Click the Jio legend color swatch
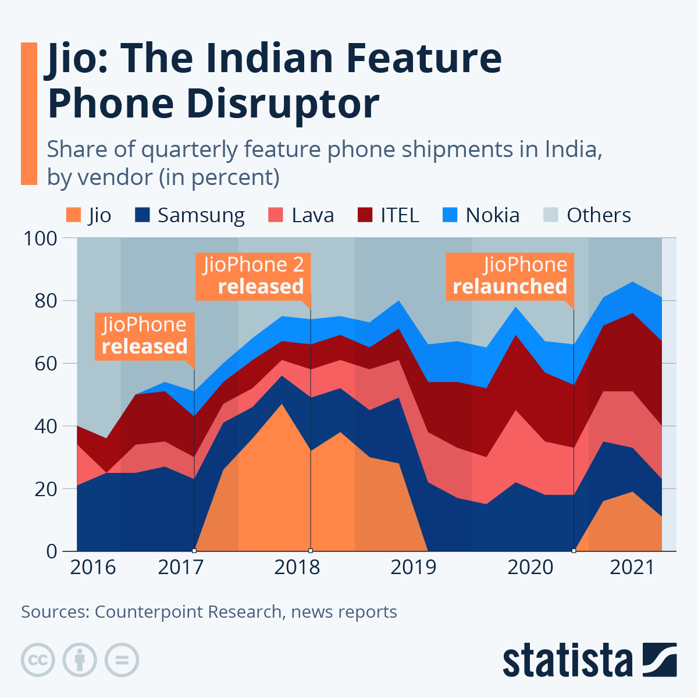pyautogui.click(x=73, y=215)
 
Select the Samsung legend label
pyautogui.click(x=201, y=215)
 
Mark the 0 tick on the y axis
pyautogui.click(x=52, y=551)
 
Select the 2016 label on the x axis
pyautogui.click(x=92, y=567)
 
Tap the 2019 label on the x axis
pyautogui.click(x=413, y=567)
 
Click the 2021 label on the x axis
pyautogui.click(x=632, y=567)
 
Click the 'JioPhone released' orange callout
pyautogui.click(x=144, y=336)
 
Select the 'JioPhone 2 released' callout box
pyautogui.click(x=253, y=276)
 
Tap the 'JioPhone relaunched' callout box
pyautogui.click(x=510, y=276)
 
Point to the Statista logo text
pyautogui.click(x=568, y=660)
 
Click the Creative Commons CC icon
pyautogui.click(x=38, y=660)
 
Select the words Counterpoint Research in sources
pyautogui.click(x=188, y=612)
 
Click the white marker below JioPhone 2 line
pyautogui.click(x=311, y=550)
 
